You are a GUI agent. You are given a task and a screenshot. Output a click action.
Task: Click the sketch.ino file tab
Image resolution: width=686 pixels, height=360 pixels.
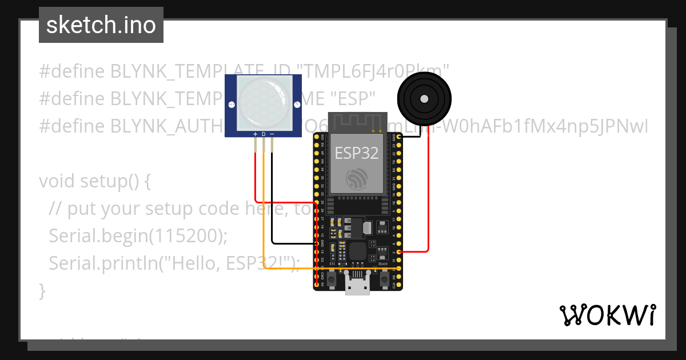click(x=101, y=25)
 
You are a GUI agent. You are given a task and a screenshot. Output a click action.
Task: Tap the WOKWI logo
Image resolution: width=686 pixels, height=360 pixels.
click(x=607, y=315)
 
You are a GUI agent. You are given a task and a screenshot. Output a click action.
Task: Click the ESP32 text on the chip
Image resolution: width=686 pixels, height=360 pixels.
click(x=357, y=153)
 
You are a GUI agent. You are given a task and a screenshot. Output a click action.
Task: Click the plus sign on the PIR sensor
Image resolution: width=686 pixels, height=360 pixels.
click(x=255, y=134)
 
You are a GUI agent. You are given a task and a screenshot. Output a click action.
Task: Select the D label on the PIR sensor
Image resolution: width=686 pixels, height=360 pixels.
click(x=264, y=134)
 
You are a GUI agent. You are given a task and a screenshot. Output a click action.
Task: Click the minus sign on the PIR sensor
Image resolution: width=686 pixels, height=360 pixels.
click(x=272, y=134)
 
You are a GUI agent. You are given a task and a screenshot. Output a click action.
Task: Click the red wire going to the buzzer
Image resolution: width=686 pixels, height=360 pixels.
click(x=428, y=194)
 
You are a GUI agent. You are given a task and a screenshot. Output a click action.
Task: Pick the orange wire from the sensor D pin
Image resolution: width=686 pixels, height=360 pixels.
click(x=264, y=217)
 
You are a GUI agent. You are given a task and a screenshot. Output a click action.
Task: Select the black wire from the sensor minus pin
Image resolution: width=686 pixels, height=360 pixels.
click(x=272, y=200)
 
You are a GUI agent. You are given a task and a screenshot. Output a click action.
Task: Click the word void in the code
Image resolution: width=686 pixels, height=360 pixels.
click(x=57, y=181)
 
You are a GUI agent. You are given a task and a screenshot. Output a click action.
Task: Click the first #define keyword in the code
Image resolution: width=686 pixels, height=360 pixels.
click(x=71, y=71)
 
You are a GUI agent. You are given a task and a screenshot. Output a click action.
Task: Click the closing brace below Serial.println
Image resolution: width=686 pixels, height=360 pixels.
click(x=42, y=290)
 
